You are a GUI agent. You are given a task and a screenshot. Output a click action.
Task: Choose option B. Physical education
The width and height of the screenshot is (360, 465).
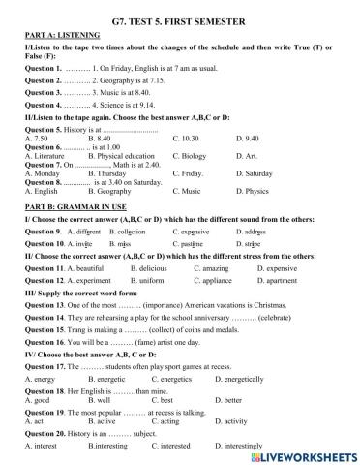point(125,155)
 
